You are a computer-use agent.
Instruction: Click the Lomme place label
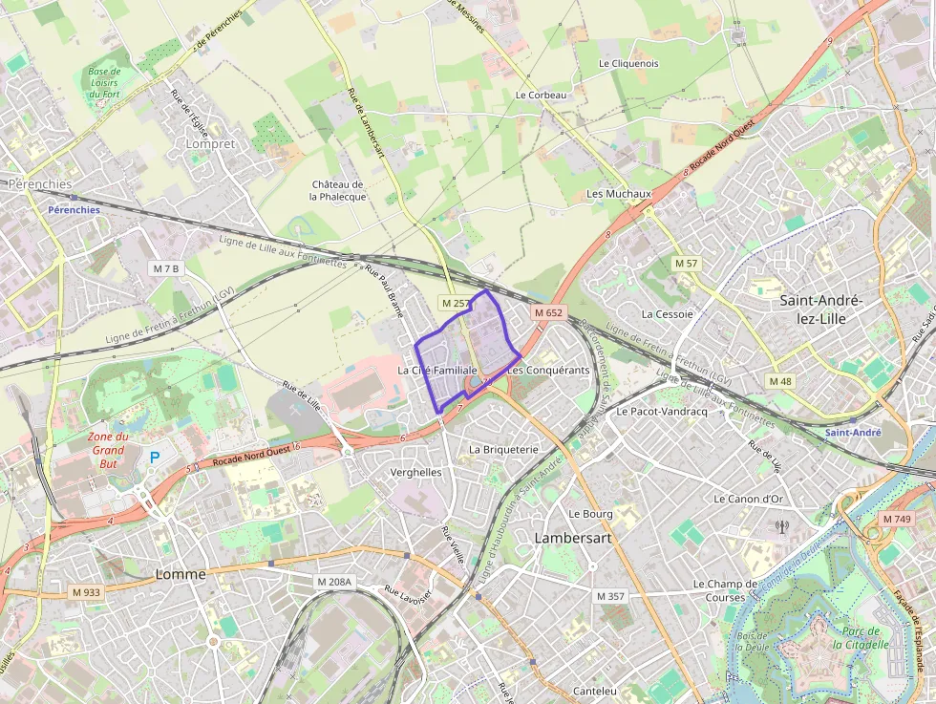[181, 574]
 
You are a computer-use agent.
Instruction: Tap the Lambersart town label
[573, 538]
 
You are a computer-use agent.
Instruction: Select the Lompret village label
[211, 143]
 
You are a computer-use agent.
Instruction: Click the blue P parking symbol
[154, 458]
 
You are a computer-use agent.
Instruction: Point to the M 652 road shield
[549, 312]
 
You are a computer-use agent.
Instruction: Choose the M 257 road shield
[456, 303]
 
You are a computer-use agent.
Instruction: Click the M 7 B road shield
[165, 268]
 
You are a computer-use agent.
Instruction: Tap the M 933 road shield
[86, 592]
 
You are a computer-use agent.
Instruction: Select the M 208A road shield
[334, 581]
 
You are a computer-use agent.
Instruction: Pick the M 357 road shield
[610, 596]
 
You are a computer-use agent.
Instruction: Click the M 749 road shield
[897, 519]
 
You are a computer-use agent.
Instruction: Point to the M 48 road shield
[780, 381]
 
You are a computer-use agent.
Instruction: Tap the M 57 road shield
[687, 263]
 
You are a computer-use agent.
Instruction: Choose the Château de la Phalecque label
[337, 190]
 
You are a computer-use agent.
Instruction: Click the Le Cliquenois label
[628, 63]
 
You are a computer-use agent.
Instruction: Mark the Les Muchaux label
[618, 193]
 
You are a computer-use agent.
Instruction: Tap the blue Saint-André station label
[853, 432]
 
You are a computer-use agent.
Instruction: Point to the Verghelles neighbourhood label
[416, 472]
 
